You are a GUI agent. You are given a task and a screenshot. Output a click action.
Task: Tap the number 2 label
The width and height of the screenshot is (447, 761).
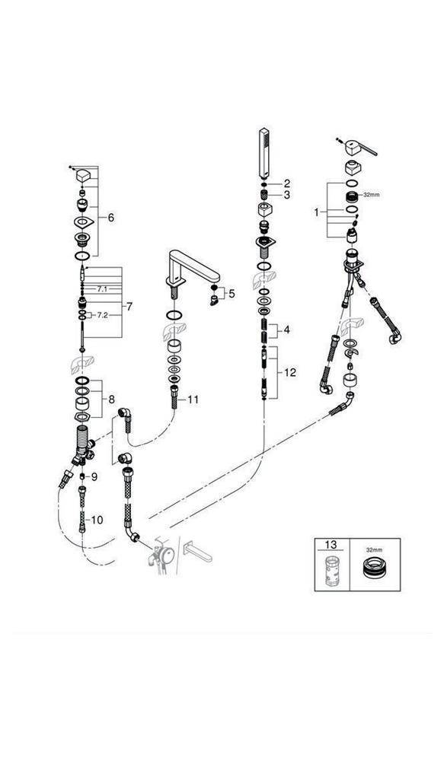(286, 183)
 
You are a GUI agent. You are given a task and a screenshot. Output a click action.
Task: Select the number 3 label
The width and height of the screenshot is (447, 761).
(286, 195)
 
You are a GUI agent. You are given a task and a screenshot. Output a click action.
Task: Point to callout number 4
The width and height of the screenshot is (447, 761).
(287, 330)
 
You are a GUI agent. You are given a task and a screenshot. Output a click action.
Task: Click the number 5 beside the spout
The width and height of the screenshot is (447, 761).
(232, 293)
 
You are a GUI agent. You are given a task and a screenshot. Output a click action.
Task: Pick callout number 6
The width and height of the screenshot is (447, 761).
(110, 218)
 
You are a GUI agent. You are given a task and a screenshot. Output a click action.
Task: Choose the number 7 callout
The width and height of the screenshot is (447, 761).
(129, 307)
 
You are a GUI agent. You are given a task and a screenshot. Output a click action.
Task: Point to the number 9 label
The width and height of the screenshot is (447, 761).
(94, 476)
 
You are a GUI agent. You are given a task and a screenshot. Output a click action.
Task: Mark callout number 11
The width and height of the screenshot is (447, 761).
(193, 399)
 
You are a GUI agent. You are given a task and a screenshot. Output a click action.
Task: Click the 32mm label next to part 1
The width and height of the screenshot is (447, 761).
(372, 195)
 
